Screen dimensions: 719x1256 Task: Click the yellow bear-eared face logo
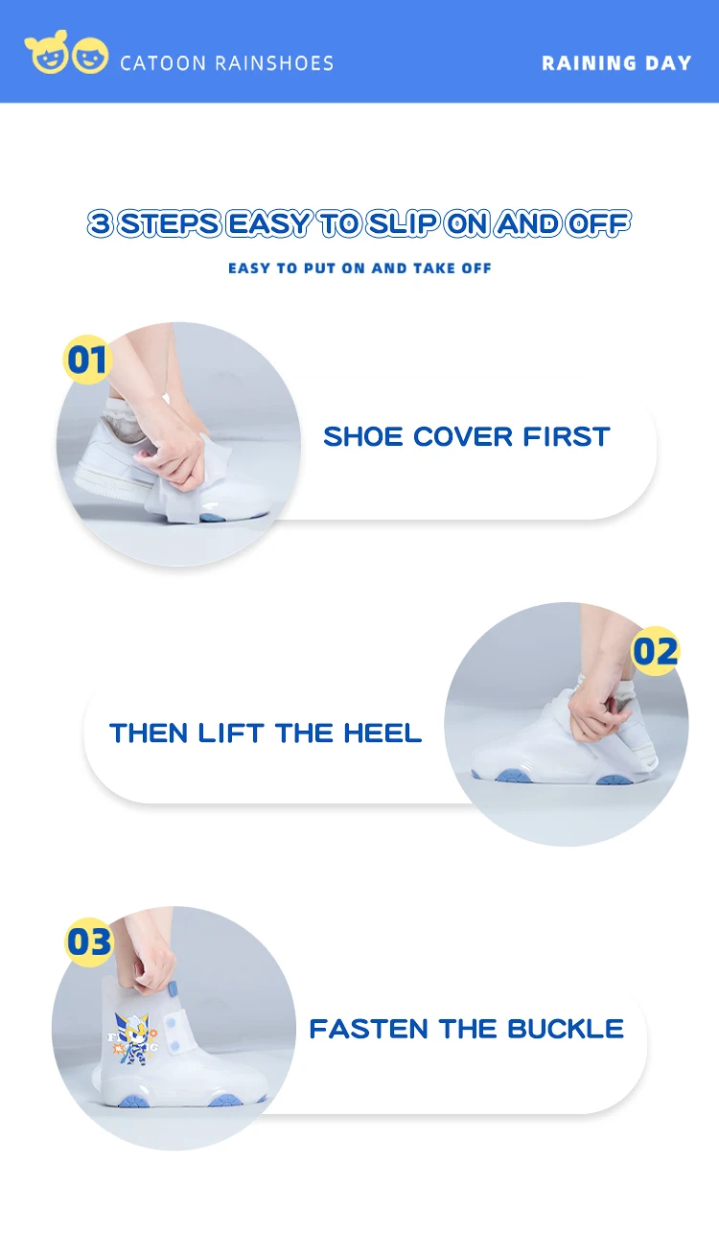[47, 53]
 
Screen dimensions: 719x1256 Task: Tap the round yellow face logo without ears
[90, 56]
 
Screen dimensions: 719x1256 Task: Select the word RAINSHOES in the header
[274, 63]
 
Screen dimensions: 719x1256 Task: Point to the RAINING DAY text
[616, 63]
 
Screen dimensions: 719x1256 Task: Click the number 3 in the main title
[100, 223]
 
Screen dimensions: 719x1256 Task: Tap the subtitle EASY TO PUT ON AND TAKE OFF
[359, 268]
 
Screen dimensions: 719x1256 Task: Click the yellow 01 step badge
[86, 360]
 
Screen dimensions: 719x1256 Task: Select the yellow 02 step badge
[655, 651]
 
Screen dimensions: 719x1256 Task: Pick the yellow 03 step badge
[89, 942]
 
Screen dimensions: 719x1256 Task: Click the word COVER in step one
[463, 437]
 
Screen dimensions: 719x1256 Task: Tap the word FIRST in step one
[567, 437]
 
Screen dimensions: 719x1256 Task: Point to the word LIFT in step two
[230, 733]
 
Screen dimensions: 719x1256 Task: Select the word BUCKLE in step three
[566, 1029]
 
